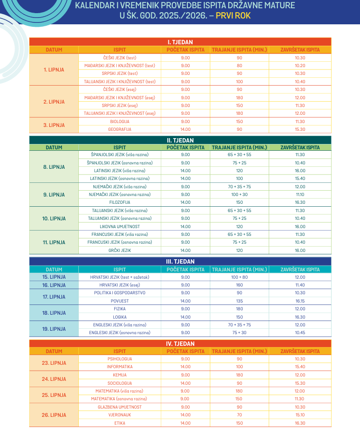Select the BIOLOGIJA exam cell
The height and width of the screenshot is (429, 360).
coord(120,122)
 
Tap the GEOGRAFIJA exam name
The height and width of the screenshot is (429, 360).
coord(120,129)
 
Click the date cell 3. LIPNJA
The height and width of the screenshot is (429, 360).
coord(54,125)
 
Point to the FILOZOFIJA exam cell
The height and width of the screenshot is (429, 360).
coord(120,202)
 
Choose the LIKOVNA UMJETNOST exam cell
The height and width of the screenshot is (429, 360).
coord(120,227)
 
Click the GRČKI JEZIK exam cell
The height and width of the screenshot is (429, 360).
coord(120,250)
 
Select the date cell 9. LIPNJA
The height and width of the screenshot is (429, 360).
coord(54,195)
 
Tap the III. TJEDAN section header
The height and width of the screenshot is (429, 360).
coord(180,261)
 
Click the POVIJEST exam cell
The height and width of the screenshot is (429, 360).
coord(120,301)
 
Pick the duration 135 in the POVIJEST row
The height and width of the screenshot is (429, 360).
coord(239,301)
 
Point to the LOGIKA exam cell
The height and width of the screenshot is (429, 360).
coord(120,317)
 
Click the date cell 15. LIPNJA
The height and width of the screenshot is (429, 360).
coord(54,277)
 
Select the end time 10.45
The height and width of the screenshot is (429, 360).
coord(300,333)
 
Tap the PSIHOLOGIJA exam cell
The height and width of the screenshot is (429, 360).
coord(120,359)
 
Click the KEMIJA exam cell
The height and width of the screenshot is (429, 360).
coord(120,375)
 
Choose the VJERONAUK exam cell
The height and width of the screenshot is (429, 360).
coord(120,415)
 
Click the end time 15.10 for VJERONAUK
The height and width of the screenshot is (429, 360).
coord(300,415)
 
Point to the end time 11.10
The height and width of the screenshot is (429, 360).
coord(300,195)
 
